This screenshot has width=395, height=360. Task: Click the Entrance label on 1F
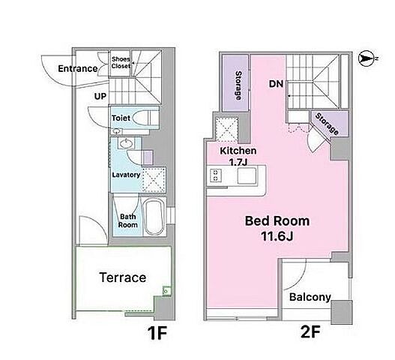pyautogui.click(x=78, y=68)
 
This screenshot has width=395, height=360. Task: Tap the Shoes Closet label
pyautogui.click(x=121, y=62)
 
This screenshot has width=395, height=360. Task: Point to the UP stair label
pyautogui.click(x=100, y=96)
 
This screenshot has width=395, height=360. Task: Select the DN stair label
pyautogui.click(x=276, y=84)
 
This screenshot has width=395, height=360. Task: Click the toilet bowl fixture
pyautogui.click(x=142, y=118)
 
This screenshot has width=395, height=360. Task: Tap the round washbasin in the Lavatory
pyautogui.click(x=126, y=144)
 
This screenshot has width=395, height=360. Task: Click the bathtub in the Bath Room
pyautogui.click(x=154, y=217)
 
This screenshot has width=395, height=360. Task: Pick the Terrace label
pyautogui.click(x=123, y=277)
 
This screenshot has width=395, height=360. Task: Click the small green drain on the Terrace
pyautogui.click(x=166, y=291)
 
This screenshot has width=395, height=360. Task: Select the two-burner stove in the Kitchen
pyautogui.click(x=216, y=175)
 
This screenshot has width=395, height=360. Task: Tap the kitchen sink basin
pyautogui.click(x=247, y=175)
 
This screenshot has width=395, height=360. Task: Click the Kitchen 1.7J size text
pyautogui.click(x=238, y=163)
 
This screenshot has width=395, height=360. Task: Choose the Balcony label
pyautogui.click(x=310, y=297)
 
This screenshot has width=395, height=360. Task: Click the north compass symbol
pyautogui.click(x=366, y=58)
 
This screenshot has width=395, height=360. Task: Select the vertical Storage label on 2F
pyautogui.click(x=238, y=85)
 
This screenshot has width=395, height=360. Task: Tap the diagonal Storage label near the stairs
pyautogui.click(x=327, y=124)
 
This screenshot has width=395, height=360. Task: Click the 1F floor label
pyautogui.click(x=157, y=333)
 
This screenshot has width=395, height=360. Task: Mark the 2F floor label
pyautogui.click(x=310, y=331)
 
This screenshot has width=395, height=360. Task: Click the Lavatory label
pyautogui.click(x=126, y=175)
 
